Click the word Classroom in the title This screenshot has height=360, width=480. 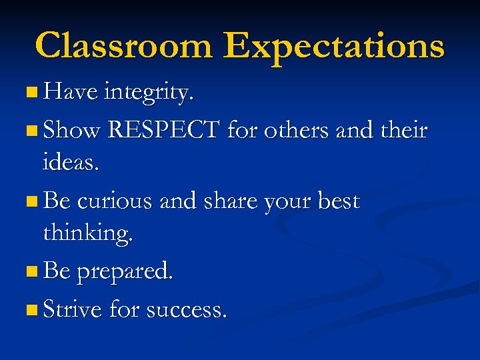coord(124,45)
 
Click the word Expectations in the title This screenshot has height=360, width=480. coord(334,47)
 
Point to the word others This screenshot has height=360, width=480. coord(295,130)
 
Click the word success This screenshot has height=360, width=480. coord(186,310)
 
